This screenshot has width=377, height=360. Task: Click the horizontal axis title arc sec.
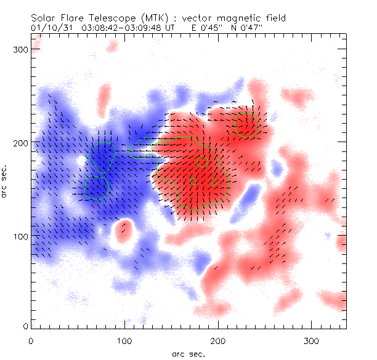coord(188,353)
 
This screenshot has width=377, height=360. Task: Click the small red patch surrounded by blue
coord(124,228)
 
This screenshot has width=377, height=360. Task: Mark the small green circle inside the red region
coord(203,161)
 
